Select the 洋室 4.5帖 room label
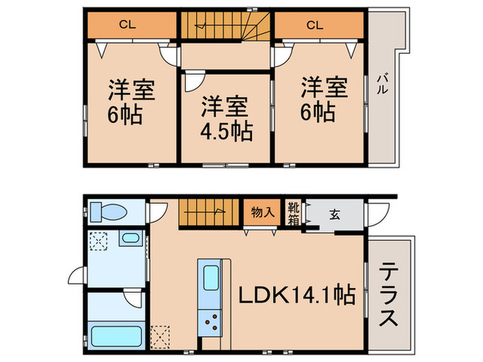(226, 118)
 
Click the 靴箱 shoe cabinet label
(293, 213)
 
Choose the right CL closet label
(314, 26)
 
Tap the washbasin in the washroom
(129, 239)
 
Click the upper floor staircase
(226, 27)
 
